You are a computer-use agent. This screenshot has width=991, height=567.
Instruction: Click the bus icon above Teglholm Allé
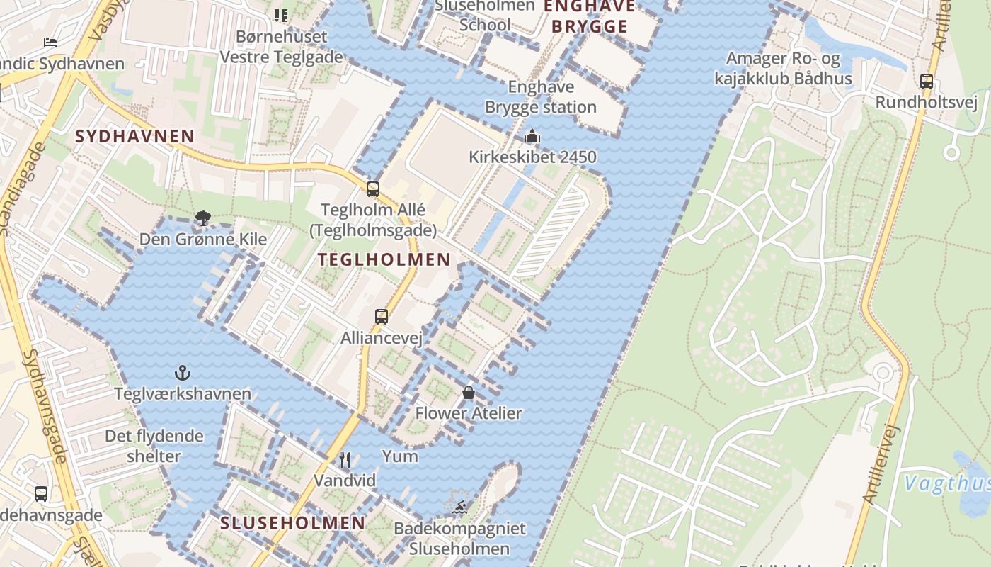[373, 189]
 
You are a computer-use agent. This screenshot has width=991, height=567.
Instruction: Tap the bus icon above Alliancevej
[382, 316]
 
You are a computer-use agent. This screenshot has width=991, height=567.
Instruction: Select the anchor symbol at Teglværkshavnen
[183, 372]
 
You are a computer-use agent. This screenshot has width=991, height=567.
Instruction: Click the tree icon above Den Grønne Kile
[203, 218]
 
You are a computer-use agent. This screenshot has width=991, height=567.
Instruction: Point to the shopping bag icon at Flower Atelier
[469, 392]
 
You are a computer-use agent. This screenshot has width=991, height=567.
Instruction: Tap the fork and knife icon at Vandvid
[345, 460]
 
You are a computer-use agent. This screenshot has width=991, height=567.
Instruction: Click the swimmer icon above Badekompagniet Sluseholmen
[459, 507]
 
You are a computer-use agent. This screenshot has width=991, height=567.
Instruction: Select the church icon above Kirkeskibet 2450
[532, 136]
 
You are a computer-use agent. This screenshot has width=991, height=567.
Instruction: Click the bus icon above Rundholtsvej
[927, 82]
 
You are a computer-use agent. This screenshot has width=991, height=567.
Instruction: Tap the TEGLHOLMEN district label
[384, 259]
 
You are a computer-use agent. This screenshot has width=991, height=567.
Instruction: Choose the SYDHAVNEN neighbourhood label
[134, 136]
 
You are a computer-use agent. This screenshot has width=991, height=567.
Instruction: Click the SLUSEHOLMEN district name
[292, 523]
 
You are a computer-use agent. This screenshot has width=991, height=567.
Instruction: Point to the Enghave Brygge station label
[542, 97]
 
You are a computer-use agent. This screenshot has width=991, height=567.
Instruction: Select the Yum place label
[400, 456]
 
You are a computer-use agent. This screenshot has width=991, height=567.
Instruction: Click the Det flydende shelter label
[154, 446]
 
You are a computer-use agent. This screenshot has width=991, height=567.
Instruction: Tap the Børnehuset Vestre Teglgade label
[281, 47]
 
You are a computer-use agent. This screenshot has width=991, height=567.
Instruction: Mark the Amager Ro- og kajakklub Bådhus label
[783, 68]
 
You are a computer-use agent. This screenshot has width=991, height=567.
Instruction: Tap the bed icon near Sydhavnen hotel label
[50, 43]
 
